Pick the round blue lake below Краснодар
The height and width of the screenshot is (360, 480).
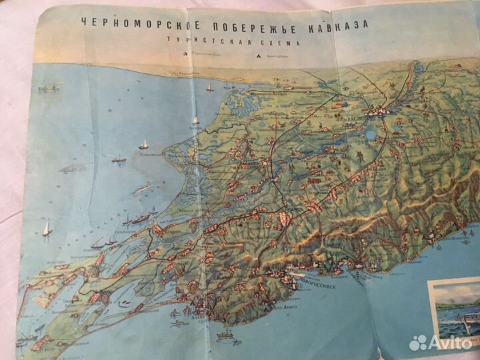(371, 135)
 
